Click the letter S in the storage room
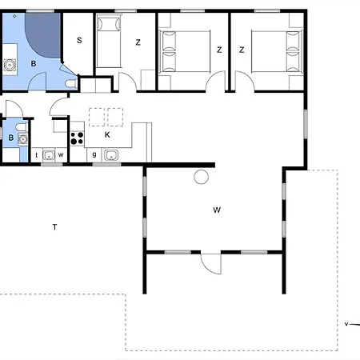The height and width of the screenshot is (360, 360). (x=79, y=40)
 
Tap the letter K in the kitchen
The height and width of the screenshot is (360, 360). (x=107, y=135)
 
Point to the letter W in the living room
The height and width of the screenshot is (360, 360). (x=217, y=210)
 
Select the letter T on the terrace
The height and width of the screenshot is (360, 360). (x=54, y=227)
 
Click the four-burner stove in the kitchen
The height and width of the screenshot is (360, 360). (x=77, y=138)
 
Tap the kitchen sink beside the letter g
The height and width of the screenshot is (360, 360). (x=111, y=155)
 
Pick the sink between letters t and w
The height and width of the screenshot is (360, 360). (x=49, y=155)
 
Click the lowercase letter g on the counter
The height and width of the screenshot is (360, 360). (x=94, y=154)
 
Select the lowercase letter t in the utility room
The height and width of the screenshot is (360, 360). (x=37, y=155)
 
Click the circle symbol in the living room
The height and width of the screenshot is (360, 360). (x=202, y=177)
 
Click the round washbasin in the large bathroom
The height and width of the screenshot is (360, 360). (x=10, y=65)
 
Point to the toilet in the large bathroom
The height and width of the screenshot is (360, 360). (x=71, y=84)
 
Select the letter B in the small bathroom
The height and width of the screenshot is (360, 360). (x=11, y=138)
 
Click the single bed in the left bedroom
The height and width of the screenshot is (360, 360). (x=109, y=42)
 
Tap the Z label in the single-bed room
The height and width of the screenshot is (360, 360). (x=138, y=42)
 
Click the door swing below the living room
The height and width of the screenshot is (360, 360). (x=211, y=264)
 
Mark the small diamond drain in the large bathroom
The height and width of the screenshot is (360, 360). (x=14, y=16)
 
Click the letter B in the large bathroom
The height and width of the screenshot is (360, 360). (x=34, y=63)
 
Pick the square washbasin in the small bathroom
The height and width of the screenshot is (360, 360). (x=23, y=139)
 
